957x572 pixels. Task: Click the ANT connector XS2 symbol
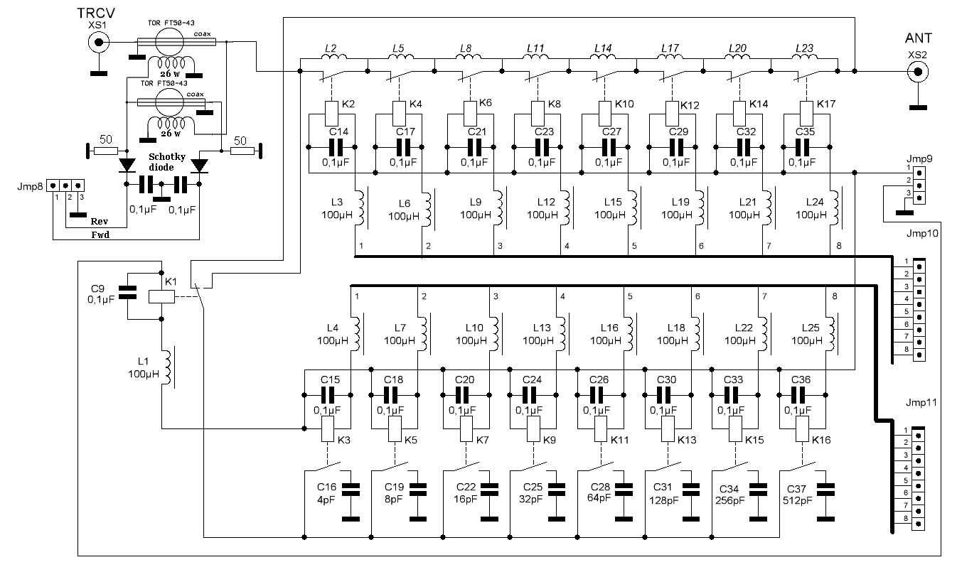(918, 71)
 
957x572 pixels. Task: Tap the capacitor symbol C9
(127, 291)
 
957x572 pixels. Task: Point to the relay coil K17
(807, 112)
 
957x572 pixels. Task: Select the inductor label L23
(805, 48)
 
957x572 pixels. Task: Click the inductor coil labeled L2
(335, 58)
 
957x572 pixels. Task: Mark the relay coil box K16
(800, 428)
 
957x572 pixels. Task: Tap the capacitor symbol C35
(803, 147)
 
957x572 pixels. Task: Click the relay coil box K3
(328, 428)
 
